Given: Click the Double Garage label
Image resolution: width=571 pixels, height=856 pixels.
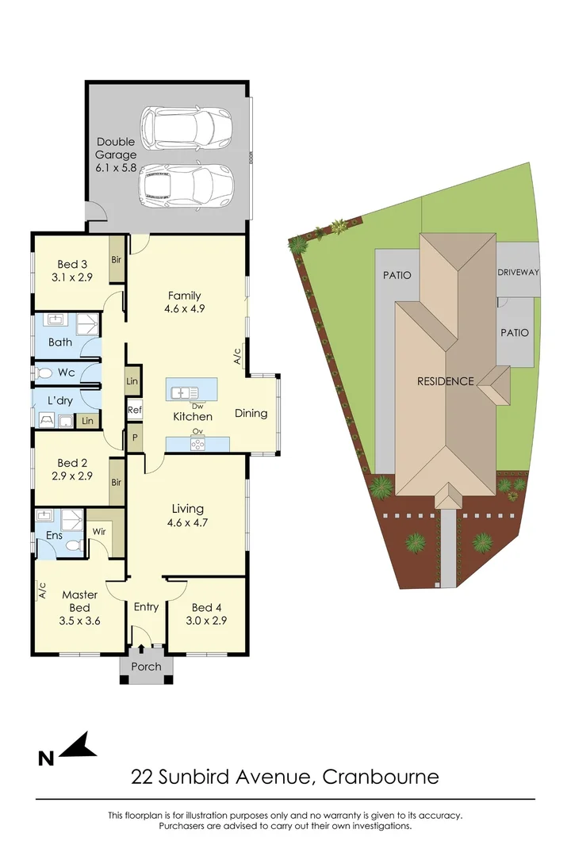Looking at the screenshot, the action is pos(116,148).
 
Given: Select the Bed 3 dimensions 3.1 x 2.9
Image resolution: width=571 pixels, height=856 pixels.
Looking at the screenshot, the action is pos(72,277).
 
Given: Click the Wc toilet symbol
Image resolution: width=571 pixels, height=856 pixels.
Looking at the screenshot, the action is pos(44,373).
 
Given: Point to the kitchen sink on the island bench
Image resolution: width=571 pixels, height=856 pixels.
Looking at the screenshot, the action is pos(180,392).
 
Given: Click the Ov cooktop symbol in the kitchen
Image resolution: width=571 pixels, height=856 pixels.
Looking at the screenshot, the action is pos(197,445).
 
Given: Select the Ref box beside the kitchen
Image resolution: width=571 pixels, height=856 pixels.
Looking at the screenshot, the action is pos(134,410).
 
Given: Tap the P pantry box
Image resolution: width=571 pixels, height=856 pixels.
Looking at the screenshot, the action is pos(135,438).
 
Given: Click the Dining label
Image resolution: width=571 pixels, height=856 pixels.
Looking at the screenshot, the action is pos(251,413).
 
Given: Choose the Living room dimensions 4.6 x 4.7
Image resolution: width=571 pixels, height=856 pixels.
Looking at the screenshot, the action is pos(187,522).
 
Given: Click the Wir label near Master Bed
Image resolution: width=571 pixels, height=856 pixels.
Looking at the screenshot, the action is pos(99,531).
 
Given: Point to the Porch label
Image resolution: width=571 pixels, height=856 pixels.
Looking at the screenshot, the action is pos(147,667).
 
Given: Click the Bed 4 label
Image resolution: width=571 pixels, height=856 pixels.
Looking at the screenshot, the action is pos(206,608).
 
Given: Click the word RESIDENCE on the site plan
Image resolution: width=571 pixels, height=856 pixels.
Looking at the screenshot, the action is pos(446,381).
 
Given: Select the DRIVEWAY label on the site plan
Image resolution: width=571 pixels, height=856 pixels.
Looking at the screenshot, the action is pos(518,272).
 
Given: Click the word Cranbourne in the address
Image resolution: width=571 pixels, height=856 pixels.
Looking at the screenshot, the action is pos(381,776).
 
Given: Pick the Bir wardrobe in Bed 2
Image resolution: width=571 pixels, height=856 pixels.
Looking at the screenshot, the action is pos(117,482).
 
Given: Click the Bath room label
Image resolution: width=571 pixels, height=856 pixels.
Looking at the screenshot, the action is pos(60,342).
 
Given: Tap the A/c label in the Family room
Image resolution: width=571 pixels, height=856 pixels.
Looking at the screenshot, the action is pos(237,356).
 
